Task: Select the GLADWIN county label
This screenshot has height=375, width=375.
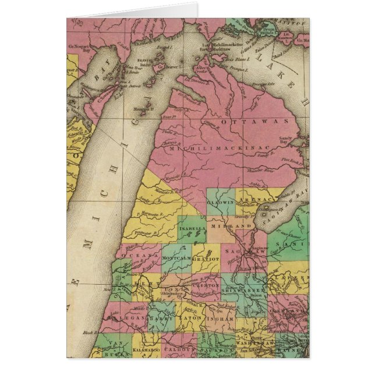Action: click(x=221, y=201)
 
